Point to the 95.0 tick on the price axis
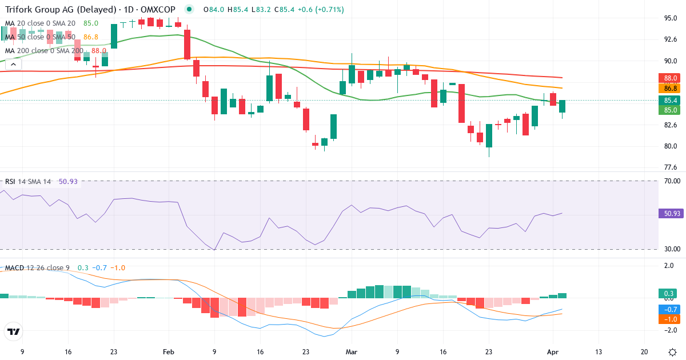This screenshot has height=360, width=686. click(671, 18)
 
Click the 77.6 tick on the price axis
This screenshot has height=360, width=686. click(671, 167)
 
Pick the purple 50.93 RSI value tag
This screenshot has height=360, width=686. click(672, 214)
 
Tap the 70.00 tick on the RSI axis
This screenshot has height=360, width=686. click(672, 181)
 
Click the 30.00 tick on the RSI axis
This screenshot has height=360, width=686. click(672, 249)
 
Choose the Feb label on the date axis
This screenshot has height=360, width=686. click(168, 353)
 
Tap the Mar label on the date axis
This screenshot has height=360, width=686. click(352, 353)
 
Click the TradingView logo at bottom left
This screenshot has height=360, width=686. click(13, 331)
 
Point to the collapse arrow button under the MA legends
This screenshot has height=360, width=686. click(13, 65)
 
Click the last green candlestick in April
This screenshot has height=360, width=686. click(563, 106)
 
